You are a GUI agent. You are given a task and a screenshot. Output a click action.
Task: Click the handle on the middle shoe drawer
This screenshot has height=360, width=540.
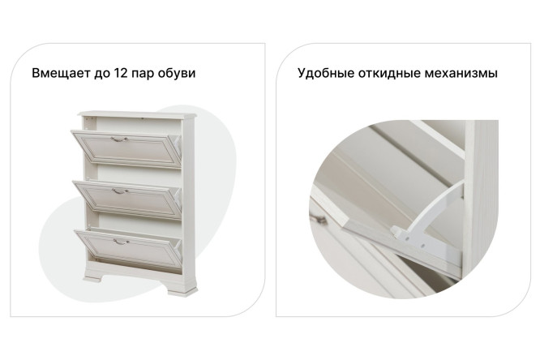tap(119, 191)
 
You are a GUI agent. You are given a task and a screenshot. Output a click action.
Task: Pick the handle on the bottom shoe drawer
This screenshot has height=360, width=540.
tap(120, 240)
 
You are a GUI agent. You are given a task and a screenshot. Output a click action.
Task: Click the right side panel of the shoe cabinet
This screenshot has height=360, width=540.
tap(190, 203)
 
